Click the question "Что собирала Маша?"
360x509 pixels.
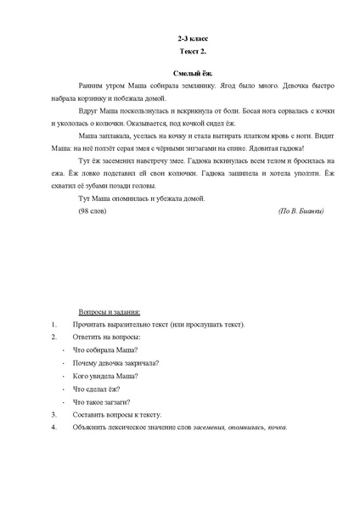[x=108, y=350]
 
